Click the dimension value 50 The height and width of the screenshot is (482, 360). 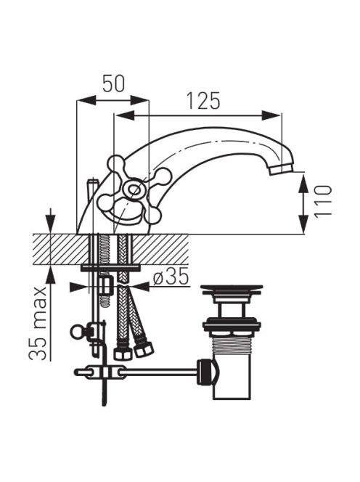pyautogui.click(x=113, y=83)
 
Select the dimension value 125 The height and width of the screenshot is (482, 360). pyautogui.click(x=203, y=101)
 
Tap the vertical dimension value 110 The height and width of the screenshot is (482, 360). pyautogui.click(x=323, y=201)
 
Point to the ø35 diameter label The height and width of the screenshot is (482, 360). pyautogui.click(x=171, y=276)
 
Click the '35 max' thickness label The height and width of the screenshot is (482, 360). pyautogui.click(x=38, y=323)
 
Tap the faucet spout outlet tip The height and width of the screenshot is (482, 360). pyautogui.click(x=282, y=168)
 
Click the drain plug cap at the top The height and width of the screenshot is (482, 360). pyautogui.click(x=232, y=288)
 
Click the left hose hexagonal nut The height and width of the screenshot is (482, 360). pyautogui.click(x=123, y=354)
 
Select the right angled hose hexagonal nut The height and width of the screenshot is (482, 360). pyautogui.click(x=144, y=349)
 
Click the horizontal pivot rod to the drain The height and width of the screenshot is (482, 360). pyautogui.click(x=158, y=372)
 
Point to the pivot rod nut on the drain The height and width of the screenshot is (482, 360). pyautogui.click(x=207, y=372)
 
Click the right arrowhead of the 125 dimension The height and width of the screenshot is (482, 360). pyautogui.click(x=271, y=115)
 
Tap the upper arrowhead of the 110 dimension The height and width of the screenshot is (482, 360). pyautogui.click(x=303, y=183)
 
